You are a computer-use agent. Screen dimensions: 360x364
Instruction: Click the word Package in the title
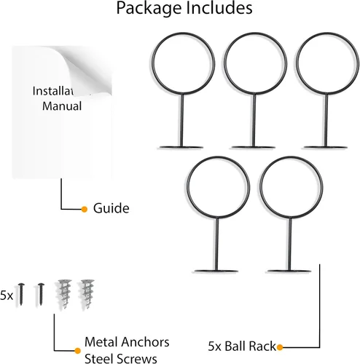pos(149,9)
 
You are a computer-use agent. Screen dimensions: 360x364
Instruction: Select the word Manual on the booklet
pos(62,106)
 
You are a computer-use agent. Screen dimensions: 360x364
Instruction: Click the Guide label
pos(111,208)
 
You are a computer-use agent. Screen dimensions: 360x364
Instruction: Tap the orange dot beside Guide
pos(85,209)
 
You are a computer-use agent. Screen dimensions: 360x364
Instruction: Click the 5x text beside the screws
pos(7,296)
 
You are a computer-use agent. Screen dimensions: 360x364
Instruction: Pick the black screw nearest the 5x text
pos(21,294)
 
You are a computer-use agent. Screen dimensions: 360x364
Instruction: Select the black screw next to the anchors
pos(41,294)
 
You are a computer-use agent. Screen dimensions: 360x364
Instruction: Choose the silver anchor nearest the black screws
pos(64,294)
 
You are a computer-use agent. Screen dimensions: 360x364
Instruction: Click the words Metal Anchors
pos(127,342)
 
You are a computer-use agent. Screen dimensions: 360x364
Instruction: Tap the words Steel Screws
pos(121,359)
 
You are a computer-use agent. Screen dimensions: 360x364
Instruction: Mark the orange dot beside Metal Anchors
pos(77,351)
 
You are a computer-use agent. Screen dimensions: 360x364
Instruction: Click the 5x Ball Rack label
pos(242,347)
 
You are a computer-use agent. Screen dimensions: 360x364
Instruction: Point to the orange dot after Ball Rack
pos(280,347)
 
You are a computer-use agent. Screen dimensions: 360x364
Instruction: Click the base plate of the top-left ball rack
pos(181,147)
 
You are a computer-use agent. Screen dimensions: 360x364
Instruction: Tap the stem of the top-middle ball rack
pos(254,121)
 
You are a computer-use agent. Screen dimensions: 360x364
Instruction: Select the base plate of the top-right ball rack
pos(326,147)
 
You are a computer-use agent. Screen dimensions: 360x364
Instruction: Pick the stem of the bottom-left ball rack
pos(216,244)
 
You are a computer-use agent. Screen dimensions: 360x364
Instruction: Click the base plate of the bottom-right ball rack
pos(289,271)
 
